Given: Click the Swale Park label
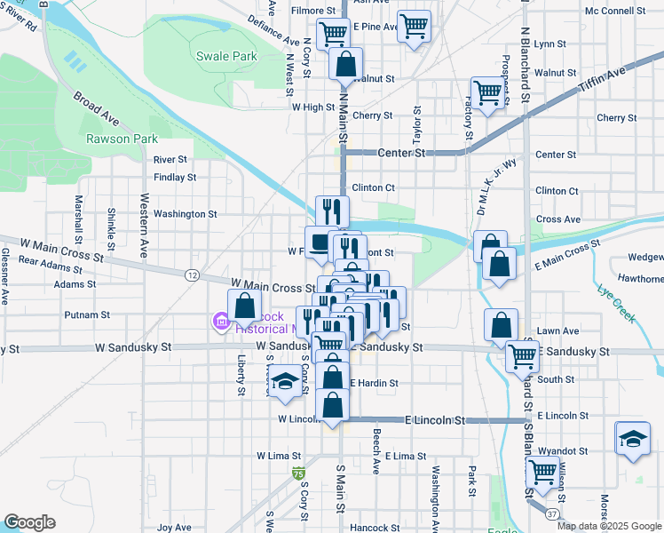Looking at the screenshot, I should (227, 56).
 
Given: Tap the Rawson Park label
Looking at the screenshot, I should (122, 139).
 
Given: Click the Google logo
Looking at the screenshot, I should (29, 522).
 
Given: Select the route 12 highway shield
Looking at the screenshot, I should (192, 275).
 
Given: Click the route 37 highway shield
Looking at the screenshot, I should (552, 513).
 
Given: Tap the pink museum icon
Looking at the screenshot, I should (219, 320).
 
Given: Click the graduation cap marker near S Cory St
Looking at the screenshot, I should (286, 381).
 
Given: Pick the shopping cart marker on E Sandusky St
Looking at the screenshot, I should (522, 356).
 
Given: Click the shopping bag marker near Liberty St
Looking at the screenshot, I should (244, 307).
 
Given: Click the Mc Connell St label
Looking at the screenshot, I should (615, 12).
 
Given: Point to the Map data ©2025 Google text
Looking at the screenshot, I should (609, 525).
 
